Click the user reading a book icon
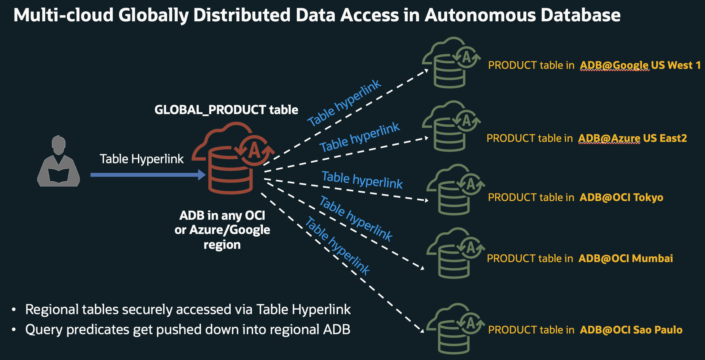click(58, 162)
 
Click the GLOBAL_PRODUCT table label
click(226, 110)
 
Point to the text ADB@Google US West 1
click(640, 65)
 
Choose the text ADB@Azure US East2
click(632, 138)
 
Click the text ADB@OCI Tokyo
click(621, 197)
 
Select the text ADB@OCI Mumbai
click(625, 259)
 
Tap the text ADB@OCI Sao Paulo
click(631, 330)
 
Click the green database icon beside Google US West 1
click(451, 63)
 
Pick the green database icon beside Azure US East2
click(451, 127)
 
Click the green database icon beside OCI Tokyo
click(455, 190)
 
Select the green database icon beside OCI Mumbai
click(455, 254)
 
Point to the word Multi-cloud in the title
click(63, 15)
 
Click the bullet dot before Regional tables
click(14, 310)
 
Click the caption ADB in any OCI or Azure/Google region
click(222, 230)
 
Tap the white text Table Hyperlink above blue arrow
click(142, 159)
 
